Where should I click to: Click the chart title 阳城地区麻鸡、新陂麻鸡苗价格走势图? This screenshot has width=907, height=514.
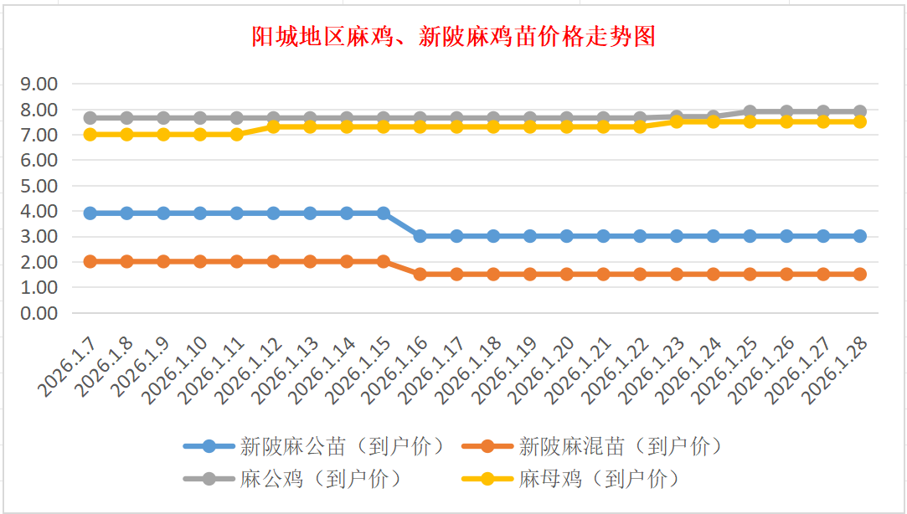coord(453,37)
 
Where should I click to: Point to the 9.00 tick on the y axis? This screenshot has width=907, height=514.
coord(39,84)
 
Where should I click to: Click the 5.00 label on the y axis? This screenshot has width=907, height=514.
coord(39,185)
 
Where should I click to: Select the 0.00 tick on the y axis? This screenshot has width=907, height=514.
coord(39,312)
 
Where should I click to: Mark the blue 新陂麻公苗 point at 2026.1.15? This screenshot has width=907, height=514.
coord(384,213)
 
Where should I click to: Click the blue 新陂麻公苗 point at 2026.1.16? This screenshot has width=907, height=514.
coord(420,236)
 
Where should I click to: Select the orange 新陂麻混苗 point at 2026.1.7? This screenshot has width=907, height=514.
coord(90,261)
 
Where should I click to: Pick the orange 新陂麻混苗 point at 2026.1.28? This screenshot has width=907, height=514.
coord(859,274)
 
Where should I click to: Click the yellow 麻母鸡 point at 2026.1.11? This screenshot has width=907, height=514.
coord(237,134)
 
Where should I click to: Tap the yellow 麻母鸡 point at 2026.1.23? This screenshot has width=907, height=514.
coord(677,121)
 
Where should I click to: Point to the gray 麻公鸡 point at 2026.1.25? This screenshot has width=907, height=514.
coord(750,111)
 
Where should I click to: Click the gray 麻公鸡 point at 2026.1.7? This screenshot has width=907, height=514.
coord(90,118)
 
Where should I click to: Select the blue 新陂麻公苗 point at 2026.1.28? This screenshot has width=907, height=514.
coord(859,236)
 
